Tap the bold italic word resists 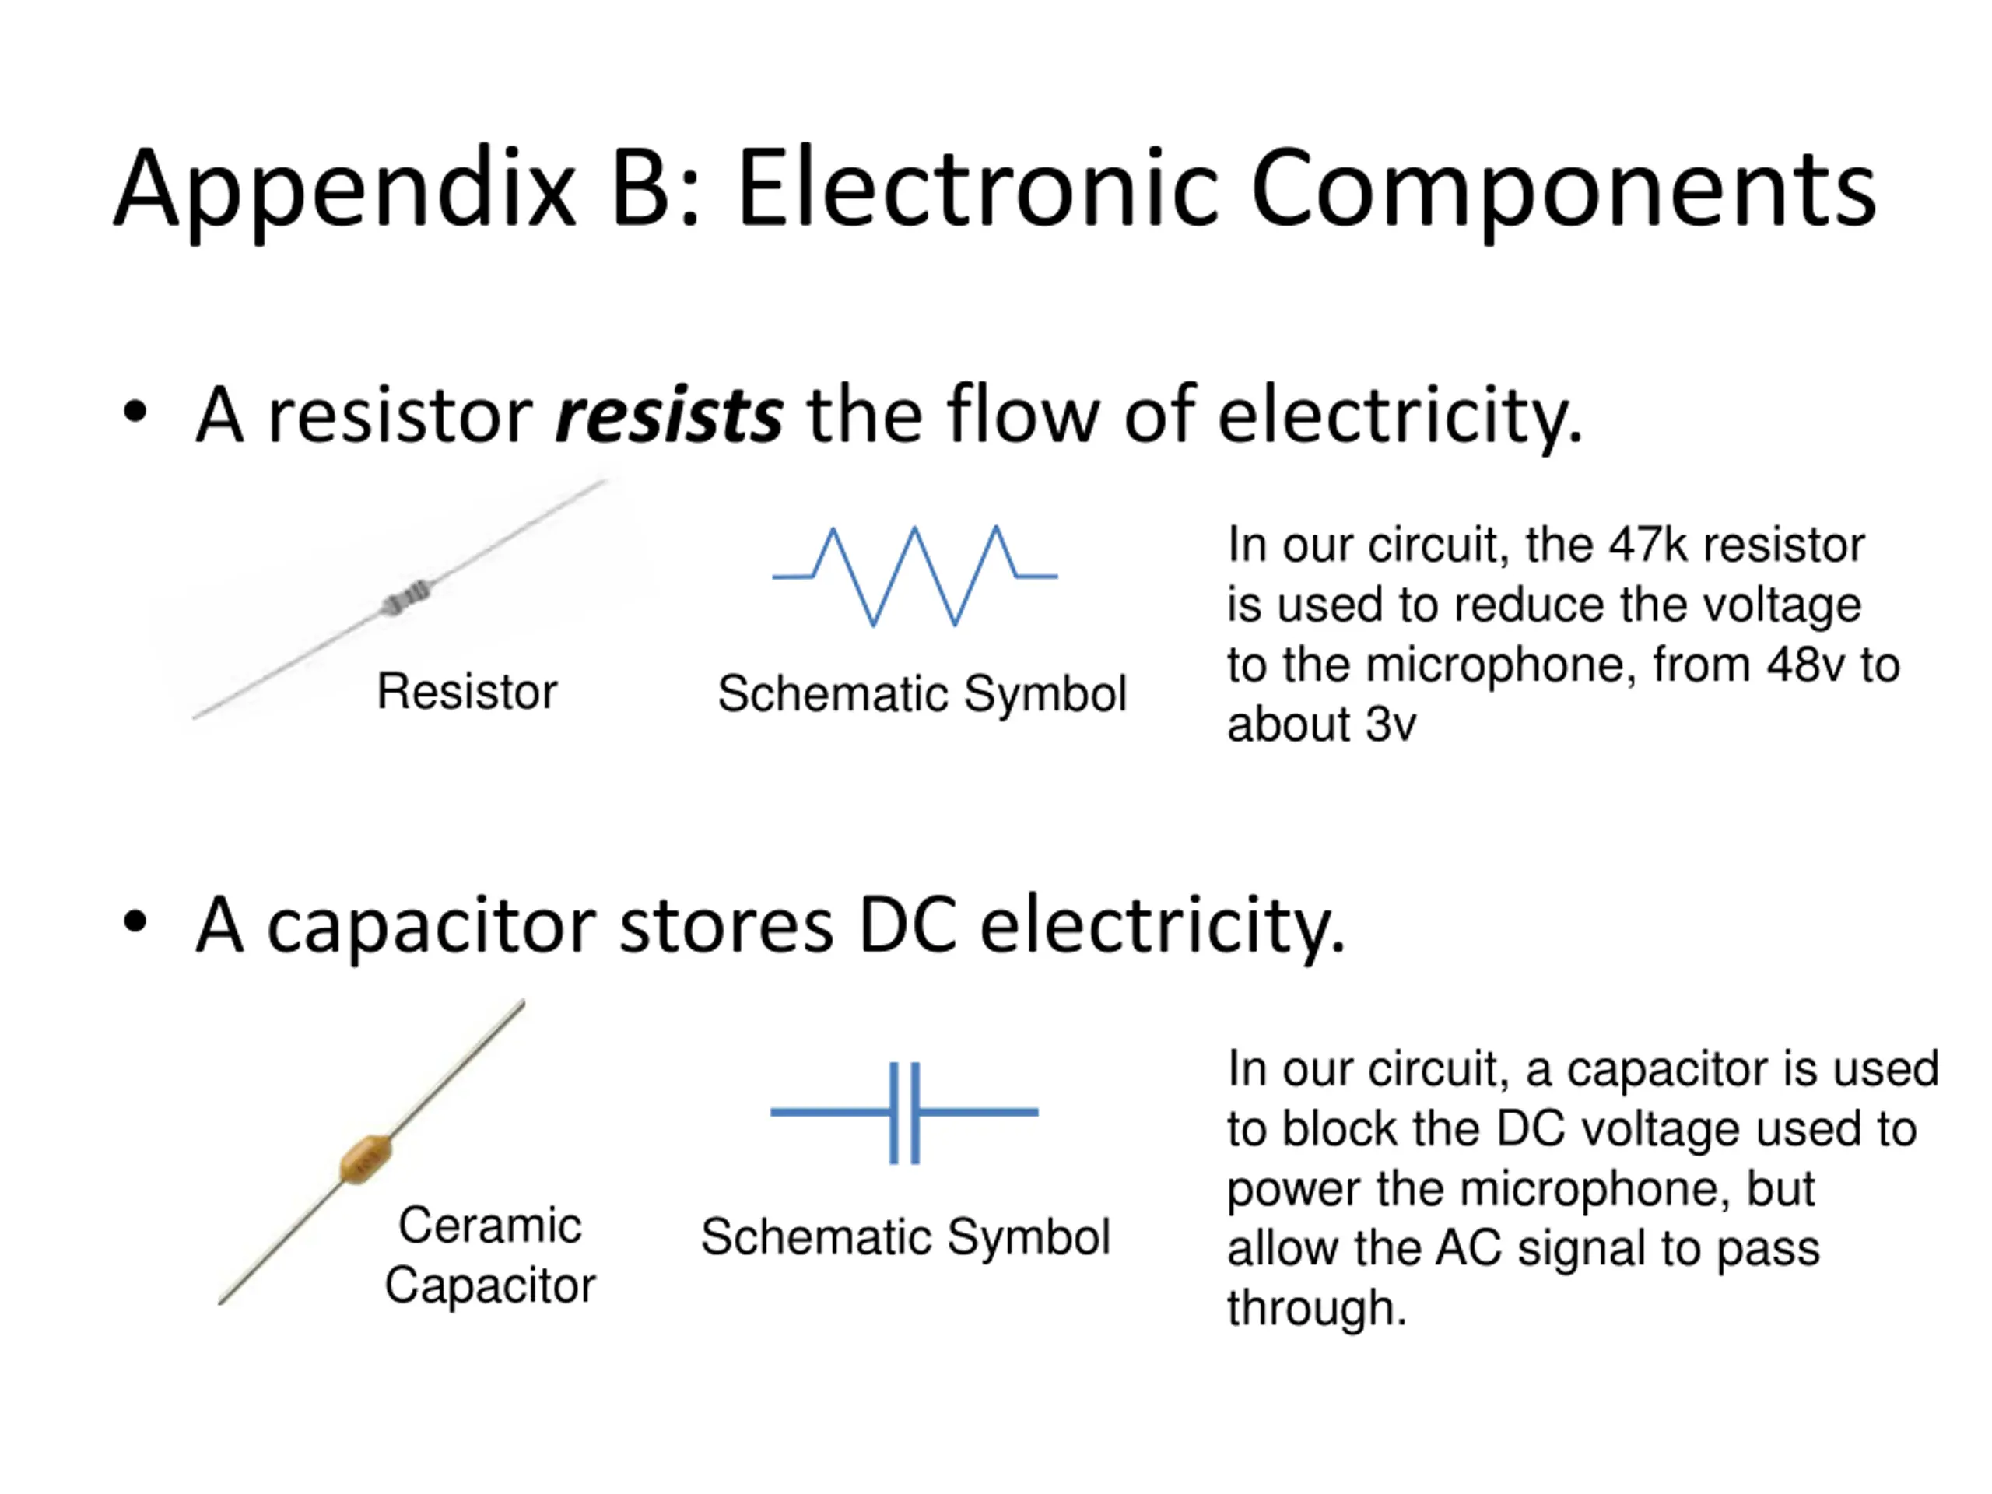pyautogui.click(x=668, y=416)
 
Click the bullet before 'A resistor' pyautogui.click(x=135, y=412)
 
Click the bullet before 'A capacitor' pyautogui.click(x=135, y=922)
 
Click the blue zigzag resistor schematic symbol pyautogui.click(x=914, y=576)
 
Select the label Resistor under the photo pyautogui.click(x=466, y=692)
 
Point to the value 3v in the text pyautogui.click(x=1391, y=725)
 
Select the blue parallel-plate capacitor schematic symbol pyautogui.click(x=904, y=1113)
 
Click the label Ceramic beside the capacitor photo pyautogui.click(x=490, y=1226)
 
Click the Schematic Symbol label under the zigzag pyautogui.click(x=921, y=694)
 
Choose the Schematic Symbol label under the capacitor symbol pyautogui.click(x=905, y=1237)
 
